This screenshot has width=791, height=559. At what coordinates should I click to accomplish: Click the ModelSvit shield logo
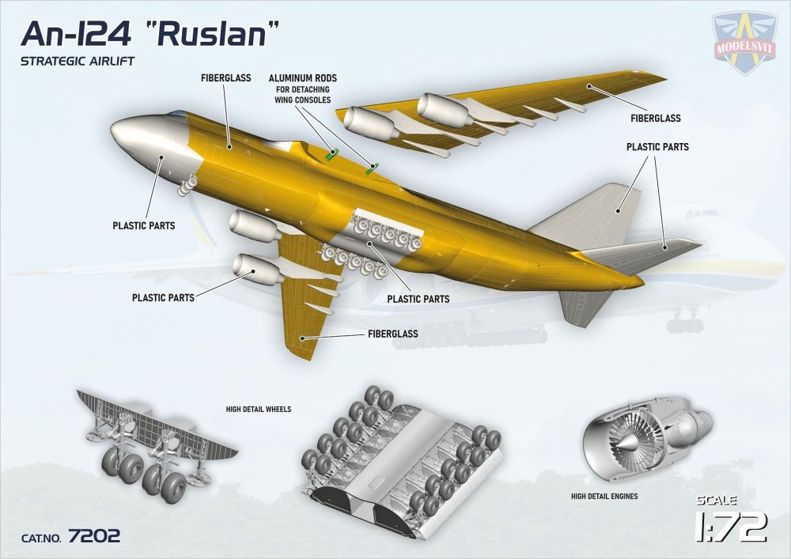click(744, 43)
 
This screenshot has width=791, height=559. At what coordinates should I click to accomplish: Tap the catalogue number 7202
click(94, 536)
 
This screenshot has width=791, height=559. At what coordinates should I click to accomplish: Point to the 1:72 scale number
click(730, 527)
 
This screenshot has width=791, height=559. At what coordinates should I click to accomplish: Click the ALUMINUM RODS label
click(302, 79)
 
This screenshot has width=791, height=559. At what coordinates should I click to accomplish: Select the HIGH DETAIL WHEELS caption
click(259, 410)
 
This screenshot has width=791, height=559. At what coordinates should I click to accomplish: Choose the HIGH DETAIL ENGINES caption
click(604, 497)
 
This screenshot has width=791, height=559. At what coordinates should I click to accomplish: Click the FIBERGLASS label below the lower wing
click(392, 334)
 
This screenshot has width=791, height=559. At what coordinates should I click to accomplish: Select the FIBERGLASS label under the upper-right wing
click(656, 119)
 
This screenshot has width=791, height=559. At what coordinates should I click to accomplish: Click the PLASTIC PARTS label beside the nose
click(143, 225)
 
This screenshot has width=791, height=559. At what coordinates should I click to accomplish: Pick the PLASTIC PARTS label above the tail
click(657, 147)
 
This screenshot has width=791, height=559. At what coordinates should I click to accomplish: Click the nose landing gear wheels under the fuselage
click(187, 187)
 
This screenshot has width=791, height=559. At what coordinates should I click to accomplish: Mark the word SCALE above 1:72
click(717, 500)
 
